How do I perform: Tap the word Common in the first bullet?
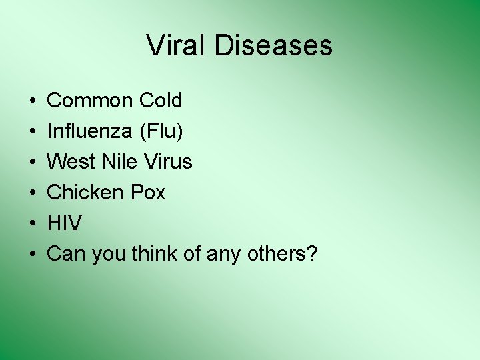[90, 101]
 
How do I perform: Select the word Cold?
[161, 101]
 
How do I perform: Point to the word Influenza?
[89, 131]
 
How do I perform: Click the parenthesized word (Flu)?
[160, 131]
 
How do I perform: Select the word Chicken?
[83, 193]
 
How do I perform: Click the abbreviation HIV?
[64, 223]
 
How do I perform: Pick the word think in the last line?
[155, 254]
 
